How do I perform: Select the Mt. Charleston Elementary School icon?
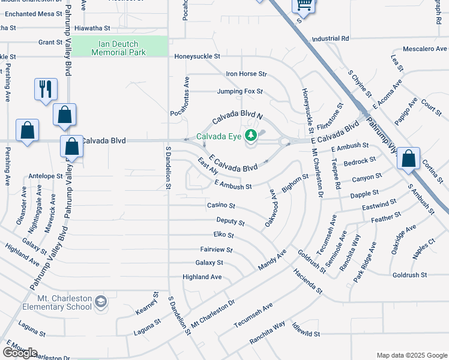[x=101, y=301]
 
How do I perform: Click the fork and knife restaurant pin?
[x=46, y=89]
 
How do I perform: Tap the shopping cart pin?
[x=303, y=6]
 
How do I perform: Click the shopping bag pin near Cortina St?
[x=409, y=160]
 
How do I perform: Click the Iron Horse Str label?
[x=246, y=74]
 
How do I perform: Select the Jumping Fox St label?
[x=240, y=92]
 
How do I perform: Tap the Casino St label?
[x=221, y=205]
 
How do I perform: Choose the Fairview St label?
[x=216, y=249]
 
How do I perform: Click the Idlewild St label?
[x=306, y=333]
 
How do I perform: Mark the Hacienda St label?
[x=308, y=281]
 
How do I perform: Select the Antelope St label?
[x=46, y=176]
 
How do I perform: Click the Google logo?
[x=20, y=352]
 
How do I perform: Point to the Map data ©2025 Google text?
[x=411, y=355]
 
